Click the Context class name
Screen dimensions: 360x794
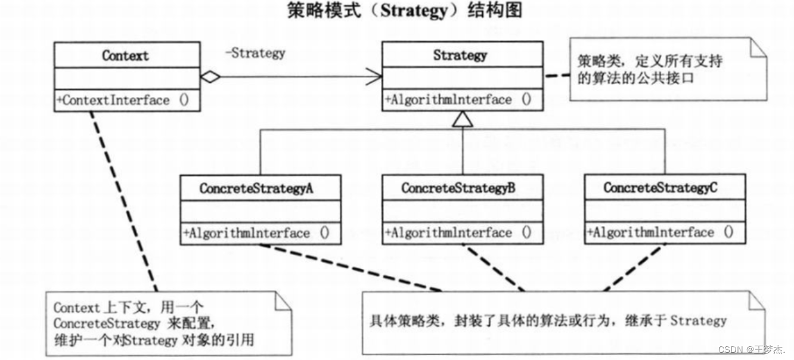(125, 55)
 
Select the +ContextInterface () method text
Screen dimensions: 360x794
(122, 100)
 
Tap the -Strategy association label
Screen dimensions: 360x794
(255, 53)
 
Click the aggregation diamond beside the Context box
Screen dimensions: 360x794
(210, 76)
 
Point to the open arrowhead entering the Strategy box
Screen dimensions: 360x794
(374, 76)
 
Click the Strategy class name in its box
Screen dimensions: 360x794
(460, 55)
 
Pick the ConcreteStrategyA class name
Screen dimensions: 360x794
(258, 188)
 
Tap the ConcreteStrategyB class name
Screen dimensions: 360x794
(458, 188)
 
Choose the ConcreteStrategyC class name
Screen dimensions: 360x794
(660, 188)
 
